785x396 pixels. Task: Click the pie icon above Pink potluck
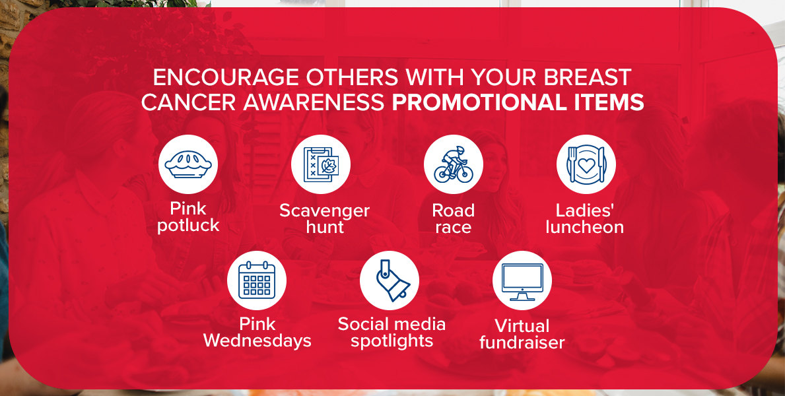[188, 164]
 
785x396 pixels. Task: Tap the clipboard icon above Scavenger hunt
[321, 164]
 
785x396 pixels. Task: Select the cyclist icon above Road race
[454, 164]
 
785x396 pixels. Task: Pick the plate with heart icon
[586, 164]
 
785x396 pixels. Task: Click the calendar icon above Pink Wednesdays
[257, 280]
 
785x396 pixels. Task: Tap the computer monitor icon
[522, 281]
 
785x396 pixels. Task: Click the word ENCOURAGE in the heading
[225, 78]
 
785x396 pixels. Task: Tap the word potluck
[188, 225]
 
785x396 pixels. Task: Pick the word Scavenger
[324, 211]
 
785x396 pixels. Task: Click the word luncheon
[585, 227]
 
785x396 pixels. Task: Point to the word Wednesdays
[257, 341]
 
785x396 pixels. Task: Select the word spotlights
[392, 341]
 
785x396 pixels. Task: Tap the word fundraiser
[522, 343]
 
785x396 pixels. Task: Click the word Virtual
[522, 326]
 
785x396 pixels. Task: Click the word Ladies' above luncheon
[584, 211]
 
